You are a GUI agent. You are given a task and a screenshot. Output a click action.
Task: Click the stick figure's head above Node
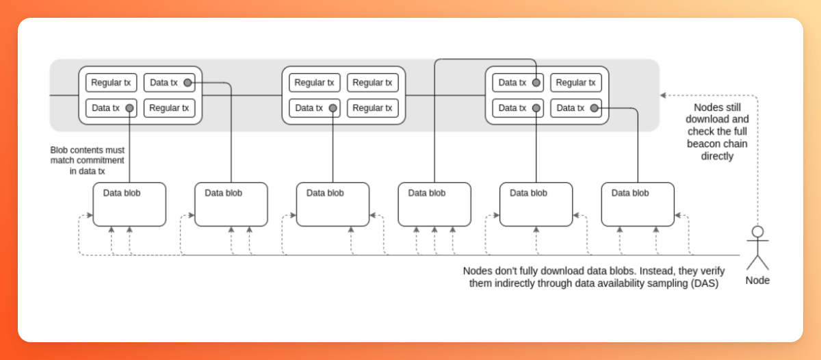757,231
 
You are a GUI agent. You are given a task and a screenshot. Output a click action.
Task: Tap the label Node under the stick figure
757,280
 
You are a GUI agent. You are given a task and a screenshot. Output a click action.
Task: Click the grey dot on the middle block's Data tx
333,108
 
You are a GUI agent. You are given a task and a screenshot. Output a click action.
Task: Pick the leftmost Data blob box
129,204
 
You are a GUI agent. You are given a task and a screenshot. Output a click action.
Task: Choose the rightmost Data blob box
638,204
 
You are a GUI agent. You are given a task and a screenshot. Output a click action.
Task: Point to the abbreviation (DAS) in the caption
704,283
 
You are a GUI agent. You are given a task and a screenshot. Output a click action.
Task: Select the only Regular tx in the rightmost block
576,83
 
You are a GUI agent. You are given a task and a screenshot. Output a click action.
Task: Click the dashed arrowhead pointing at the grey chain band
662,95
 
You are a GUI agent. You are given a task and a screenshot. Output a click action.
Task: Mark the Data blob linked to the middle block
333,204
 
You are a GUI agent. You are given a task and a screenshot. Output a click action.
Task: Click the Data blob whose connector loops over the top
434,204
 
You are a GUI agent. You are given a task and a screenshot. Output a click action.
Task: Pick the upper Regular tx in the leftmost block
111,83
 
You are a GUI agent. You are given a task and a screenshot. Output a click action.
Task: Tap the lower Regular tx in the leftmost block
169,108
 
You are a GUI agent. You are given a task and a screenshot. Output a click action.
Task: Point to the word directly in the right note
717,156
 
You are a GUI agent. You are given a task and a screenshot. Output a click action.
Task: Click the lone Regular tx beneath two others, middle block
372,108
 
